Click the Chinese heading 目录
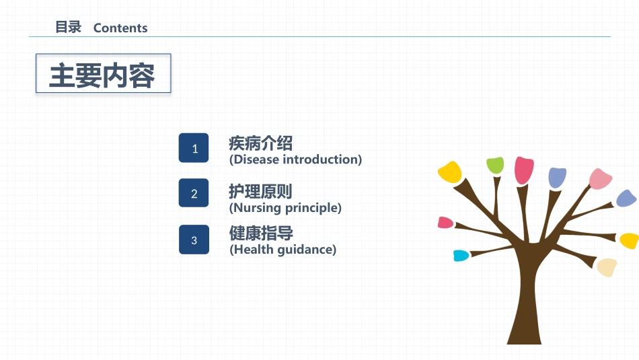(x=69, y=28)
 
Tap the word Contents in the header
(x=120, y=28)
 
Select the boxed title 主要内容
(x=103, y=73)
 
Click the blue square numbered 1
(x=194, y=147)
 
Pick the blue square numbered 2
(x=194, y=193)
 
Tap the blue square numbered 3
(x=194, y=240)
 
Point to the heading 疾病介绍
(x=260, y=143)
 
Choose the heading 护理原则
(x=260, y=191)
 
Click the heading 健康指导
(x=261, y=233)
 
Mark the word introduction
(x=320, y=159)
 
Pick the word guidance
(x=305, y=250)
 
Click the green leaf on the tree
(x=495, y=166)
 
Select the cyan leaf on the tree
(x=461, y=256)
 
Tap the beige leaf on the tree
(x=607, y=267)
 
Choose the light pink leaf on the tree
(x=600, y=179)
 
